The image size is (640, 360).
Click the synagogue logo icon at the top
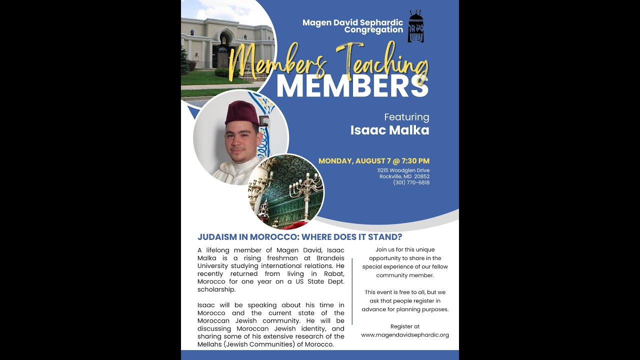415,26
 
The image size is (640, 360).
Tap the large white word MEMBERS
352,85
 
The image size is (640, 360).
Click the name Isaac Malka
389,130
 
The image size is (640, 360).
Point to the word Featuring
406,117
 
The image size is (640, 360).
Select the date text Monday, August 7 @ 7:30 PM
373,161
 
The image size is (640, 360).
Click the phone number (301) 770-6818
411,182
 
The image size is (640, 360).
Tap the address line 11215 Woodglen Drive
403,170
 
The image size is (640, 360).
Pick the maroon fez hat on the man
241,112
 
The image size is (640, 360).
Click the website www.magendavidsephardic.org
405,335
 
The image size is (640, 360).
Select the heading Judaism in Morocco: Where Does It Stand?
299,237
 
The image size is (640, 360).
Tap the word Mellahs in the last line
210,344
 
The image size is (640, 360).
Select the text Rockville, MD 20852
404,176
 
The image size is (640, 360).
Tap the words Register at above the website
405,326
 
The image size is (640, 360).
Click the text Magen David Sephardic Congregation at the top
352,26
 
